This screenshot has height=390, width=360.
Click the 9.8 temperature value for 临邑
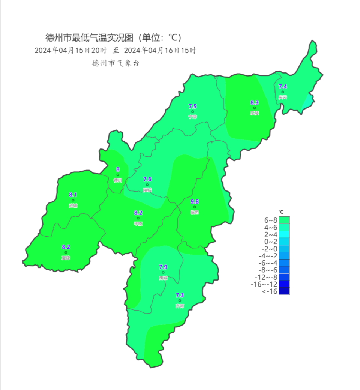click(195, 201)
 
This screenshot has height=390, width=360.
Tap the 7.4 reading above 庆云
click(283, 87)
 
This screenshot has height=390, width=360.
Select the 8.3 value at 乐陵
click(255, 102)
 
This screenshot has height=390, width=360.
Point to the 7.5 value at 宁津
click(192, 106)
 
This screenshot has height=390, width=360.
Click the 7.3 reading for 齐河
click(180, 295)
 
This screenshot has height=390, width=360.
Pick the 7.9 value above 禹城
click(163, 267)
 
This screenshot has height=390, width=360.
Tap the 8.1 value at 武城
click(73, 195)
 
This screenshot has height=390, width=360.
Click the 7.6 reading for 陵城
click(147, 179)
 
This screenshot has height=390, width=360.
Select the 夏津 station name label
click(66, 258)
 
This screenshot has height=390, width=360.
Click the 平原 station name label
click(138, 223)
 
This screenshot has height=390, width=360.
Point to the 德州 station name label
click(118, 180)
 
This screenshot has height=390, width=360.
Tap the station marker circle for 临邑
click(195, 207)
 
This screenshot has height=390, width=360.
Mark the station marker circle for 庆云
click(283, 92)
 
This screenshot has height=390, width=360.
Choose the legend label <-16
click(270, 291)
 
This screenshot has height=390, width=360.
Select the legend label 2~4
click(271, 234)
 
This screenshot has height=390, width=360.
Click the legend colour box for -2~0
click(284, 249)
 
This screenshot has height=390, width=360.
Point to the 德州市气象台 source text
click(115, 63)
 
